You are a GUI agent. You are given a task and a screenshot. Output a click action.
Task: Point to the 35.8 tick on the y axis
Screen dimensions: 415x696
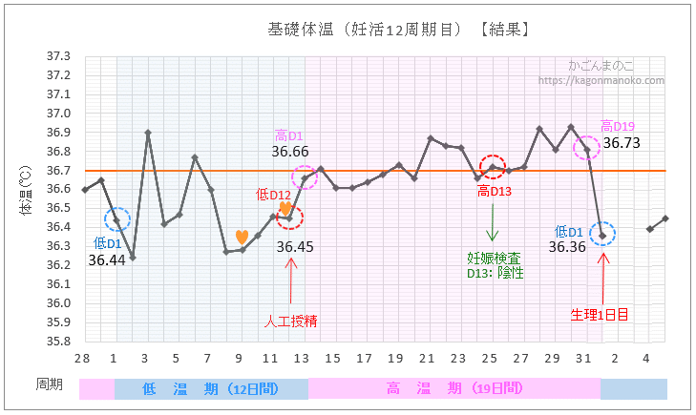(x=58, y=341)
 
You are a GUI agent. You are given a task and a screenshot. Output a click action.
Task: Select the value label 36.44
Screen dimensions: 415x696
(x=107, y=259)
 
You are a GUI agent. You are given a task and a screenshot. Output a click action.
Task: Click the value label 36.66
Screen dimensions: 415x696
(x=289, y=151)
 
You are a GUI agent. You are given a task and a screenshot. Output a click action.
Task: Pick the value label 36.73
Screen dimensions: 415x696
(x=621, y=143)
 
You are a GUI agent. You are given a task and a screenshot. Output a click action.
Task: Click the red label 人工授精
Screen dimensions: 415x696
(x=290, y=322)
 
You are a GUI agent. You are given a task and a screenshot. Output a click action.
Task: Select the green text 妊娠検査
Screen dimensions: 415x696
(x=493, y=258)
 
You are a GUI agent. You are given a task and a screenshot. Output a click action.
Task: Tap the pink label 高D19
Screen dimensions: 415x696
(x=618, y=125)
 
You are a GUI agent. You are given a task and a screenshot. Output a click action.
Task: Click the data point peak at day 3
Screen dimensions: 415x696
(x=148, y=133)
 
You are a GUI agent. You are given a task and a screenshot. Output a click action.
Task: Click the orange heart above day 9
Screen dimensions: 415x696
(x=242, y=237)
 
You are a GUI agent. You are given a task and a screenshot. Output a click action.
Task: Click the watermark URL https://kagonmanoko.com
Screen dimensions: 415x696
(x=601, y=80)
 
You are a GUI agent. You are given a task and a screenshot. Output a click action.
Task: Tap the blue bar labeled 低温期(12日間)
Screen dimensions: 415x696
(x=211, y=388)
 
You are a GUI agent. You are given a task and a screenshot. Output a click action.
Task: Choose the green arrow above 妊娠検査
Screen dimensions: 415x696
(x=493, y=225)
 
